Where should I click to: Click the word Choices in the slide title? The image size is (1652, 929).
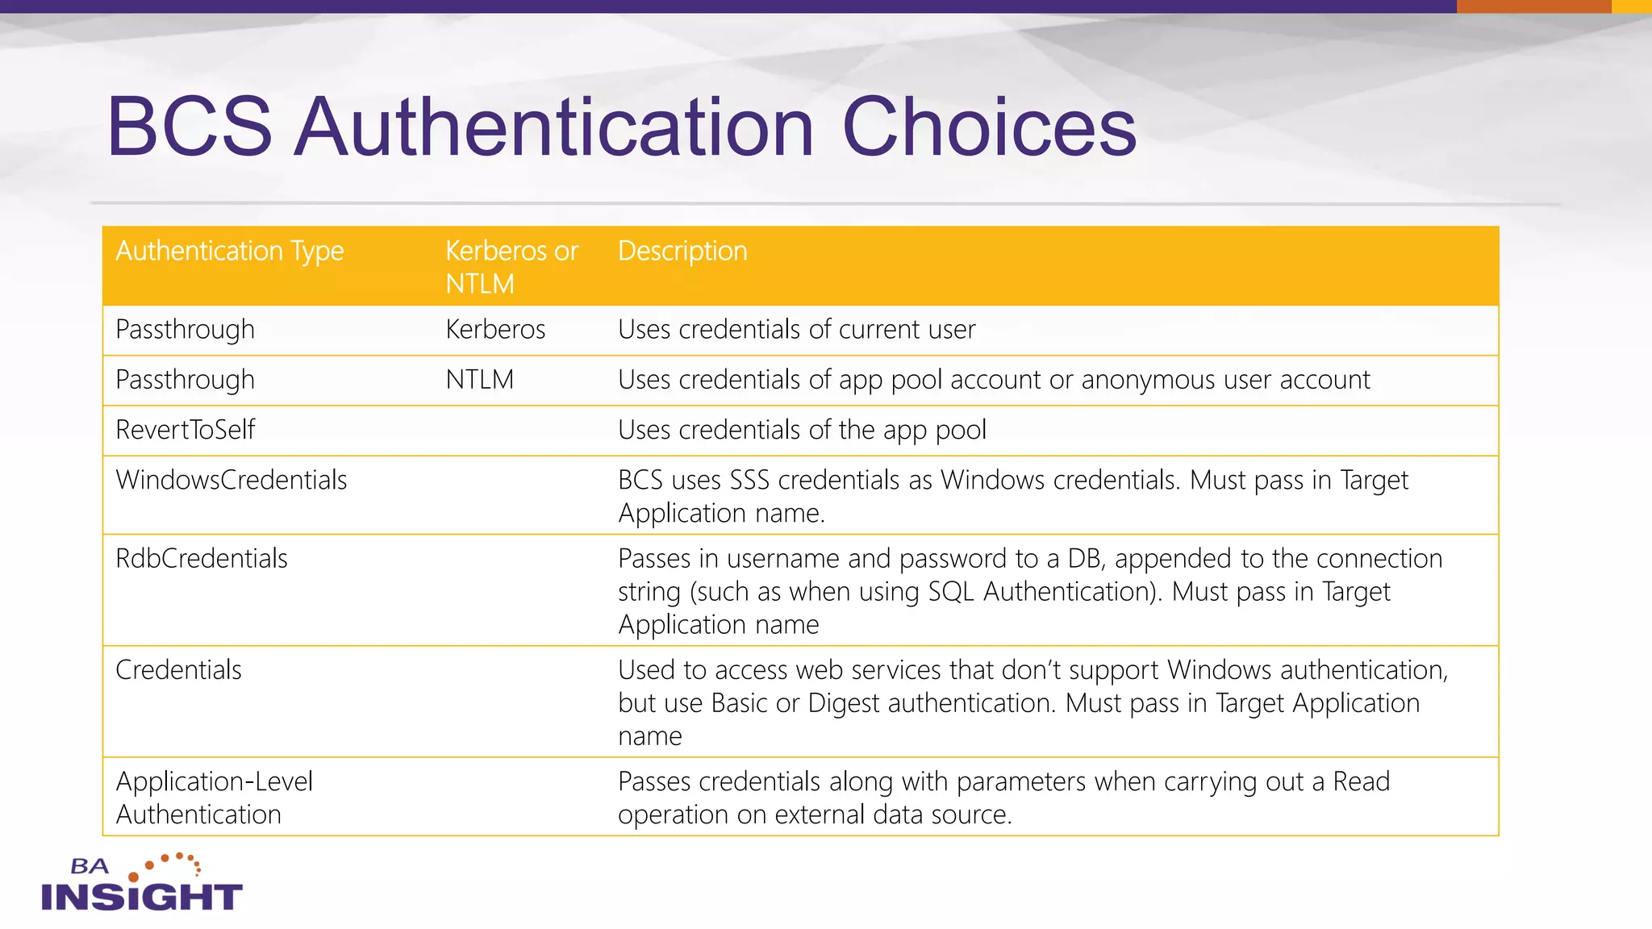click(x=989, y=127)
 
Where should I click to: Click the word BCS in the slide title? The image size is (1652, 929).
click(x=190, y=127)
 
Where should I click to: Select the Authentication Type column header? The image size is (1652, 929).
click(x=230, y=251)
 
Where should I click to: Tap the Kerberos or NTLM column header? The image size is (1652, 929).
click(x=511, y=267)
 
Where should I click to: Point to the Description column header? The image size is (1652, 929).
click(x=682, y=251)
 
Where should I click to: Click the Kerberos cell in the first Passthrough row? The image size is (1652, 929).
click(x=495, y=329)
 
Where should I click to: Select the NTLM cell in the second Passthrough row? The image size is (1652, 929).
click(x=479, y=379)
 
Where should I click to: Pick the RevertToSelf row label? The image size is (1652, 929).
click(x=186, y=430)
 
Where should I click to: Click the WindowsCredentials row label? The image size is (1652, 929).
click(x=232, y=480)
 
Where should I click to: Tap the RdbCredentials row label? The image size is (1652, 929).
click(x=202, y=558)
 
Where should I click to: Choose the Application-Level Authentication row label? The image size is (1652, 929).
click(x=214, y=798)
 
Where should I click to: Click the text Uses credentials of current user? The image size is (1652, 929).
click(x=796, y=329)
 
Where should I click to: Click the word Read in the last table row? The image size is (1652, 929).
click(x=1361, y=781)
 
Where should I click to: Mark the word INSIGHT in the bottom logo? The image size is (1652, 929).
click(x=142, y=897)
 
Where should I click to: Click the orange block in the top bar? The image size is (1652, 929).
click(x=1533, y=6)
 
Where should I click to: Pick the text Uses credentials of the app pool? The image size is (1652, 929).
click(x=802, y=430)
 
